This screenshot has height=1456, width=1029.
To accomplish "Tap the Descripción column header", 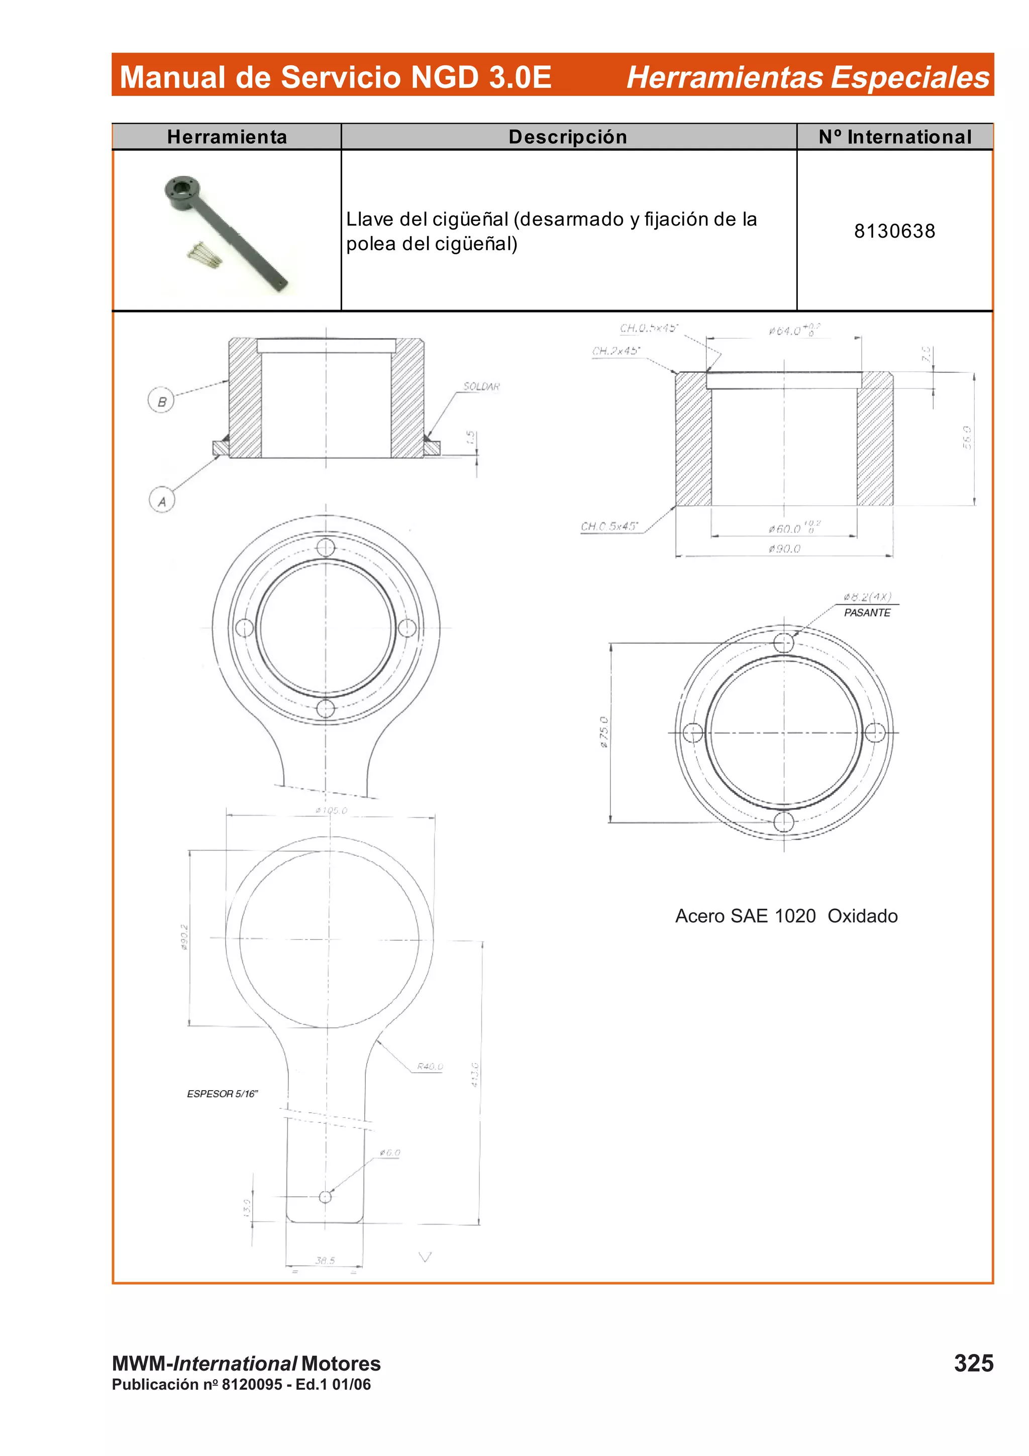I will point(567,137).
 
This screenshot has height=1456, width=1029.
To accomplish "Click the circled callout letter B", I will point(161,401).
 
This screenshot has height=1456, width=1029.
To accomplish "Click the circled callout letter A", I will point(162,500).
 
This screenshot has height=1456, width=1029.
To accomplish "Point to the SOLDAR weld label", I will point(481,386).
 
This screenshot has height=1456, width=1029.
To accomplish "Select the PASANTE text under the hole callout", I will point(867,612).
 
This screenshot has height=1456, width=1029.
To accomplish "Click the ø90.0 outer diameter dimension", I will point(784,549).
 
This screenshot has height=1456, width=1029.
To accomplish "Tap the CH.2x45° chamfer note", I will point(615,351).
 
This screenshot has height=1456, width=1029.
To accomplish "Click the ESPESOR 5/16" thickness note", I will point(222,1094).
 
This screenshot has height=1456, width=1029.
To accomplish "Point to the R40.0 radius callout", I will point(430,1067).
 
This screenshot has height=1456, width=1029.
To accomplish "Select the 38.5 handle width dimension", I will point(325,1260).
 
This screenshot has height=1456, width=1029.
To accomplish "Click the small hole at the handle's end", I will point(325,1197).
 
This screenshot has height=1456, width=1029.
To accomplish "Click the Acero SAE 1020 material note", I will point(745,916).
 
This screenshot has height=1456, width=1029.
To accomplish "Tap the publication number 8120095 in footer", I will point(252,1384).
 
